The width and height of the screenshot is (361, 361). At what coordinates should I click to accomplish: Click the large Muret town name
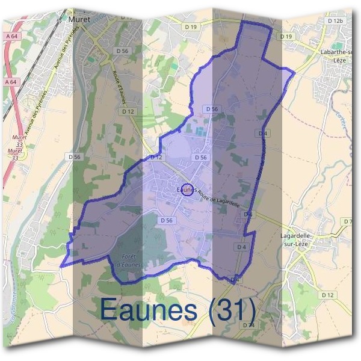79,19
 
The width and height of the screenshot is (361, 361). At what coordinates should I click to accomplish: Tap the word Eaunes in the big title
147,309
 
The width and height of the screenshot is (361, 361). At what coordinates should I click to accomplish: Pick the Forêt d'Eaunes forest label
128,259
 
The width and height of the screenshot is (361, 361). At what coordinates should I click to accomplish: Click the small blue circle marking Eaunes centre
187,190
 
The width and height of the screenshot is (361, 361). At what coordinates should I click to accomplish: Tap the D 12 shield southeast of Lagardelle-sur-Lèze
328,295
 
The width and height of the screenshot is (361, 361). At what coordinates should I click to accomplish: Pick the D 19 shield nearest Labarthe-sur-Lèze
286,37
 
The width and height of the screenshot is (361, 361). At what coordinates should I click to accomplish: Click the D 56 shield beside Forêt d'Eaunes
167,221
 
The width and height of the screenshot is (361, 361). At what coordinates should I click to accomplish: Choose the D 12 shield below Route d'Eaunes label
127,111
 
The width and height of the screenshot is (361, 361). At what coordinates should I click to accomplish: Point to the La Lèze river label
342,123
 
